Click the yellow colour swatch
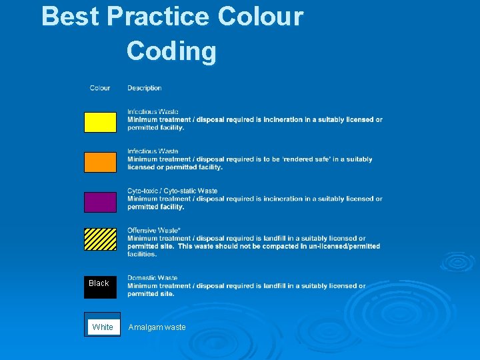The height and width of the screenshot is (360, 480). tap(100, 122)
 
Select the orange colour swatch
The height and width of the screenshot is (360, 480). tap(100, 162)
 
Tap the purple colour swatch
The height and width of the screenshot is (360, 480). tap(100, 202)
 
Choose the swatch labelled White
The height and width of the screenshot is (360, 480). tap(102, 327)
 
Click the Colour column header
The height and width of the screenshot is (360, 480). tap(100, 88)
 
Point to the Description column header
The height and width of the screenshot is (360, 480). tap(145, 88)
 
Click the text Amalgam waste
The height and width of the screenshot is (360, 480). tap(157, 327)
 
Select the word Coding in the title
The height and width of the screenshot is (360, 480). tap(171, 51)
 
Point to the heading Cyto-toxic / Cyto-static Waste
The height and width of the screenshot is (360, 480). tap(173, 191)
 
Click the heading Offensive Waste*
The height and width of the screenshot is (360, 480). tap(154, 231)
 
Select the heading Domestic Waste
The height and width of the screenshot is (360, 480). tap(153, 278)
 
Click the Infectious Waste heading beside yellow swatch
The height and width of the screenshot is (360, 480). tap(153, 112)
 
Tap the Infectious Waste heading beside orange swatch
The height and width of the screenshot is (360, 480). tap(153, 151)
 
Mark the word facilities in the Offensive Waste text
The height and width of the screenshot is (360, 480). tap(142, 254)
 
